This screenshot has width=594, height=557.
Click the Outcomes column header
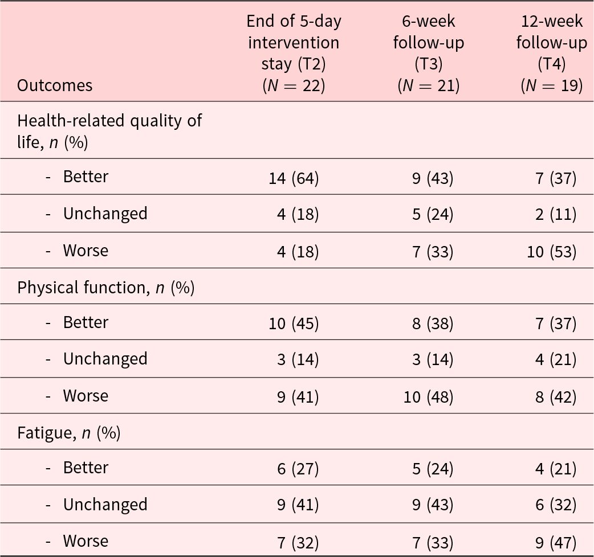pyautogui.click(x=55, y=85)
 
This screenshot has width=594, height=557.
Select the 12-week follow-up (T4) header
pyautogui.click(x=552, y=53)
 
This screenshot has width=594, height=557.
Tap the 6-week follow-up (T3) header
pyautogui.click(x=429, y=53)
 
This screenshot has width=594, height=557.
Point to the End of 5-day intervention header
pyautogui.click(x=294, y=53)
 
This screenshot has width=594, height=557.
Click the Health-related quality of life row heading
pyautogui.click(x=109, y=131)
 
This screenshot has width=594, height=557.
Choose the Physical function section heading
pyautogui.click(x=105, y=288)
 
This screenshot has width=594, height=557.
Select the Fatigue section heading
pyautogui.click(x=68, y=432)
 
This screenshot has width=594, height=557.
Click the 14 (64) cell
pyautogui.click(x=294, y=178)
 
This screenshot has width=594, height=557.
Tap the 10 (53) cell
pyautogui.click(x=552, y=252)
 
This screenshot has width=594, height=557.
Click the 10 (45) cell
pyautogui.click(x=294, y=323)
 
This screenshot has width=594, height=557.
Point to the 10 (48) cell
pyautogui.click(x=429, y=397)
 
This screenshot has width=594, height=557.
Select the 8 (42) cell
pyautogui.click(x=556, y=397)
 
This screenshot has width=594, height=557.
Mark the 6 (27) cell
pyautogui.click(x=298, y=469)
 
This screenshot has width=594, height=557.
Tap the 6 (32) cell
pyautogui.click(x=556, y=505)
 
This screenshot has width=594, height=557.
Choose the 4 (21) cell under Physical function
pyautogui.click(x=556, y=359)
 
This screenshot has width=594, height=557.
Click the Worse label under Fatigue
pyautogui.click(x=86, y=541)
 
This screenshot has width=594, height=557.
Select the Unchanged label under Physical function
pyautogui.click(x=105, y=359)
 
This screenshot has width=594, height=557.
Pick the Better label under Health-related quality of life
pyautogui.click(x=86, y=177)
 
